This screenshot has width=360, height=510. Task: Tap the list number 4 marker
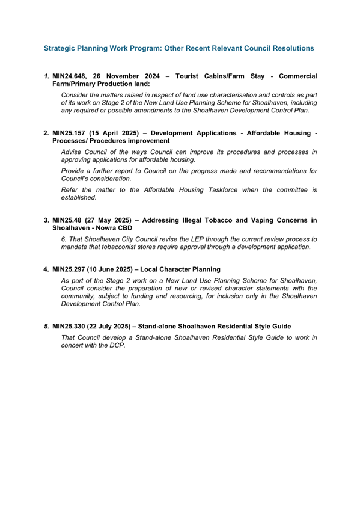(46, 269)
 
